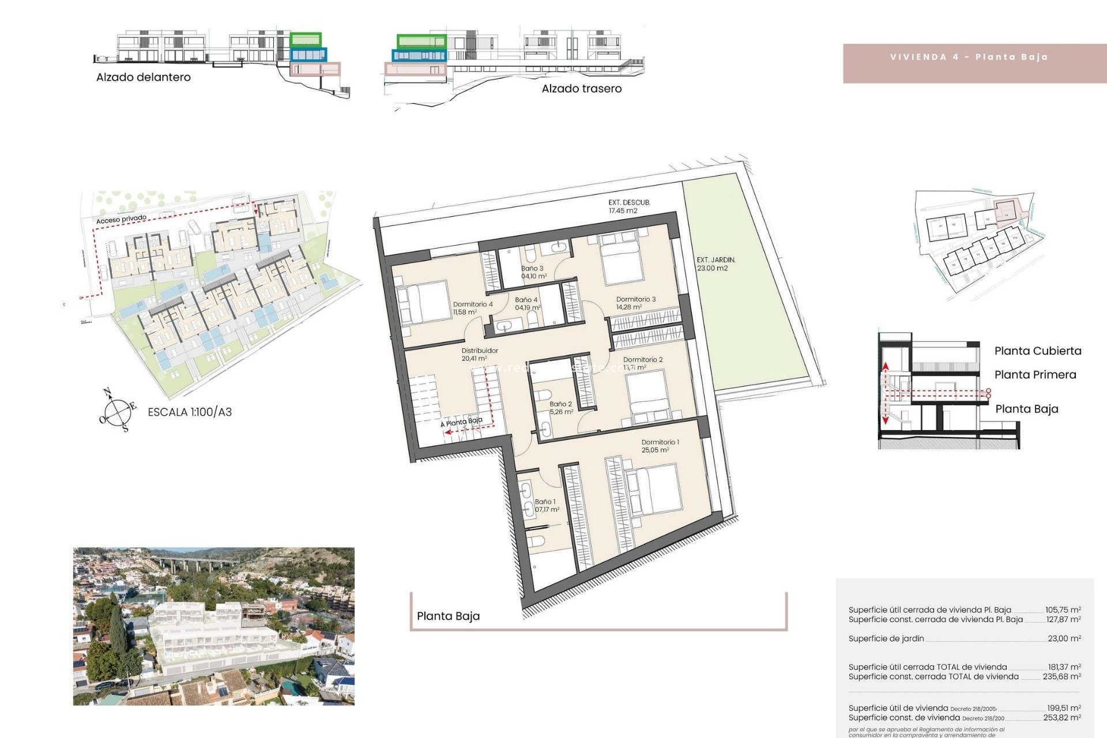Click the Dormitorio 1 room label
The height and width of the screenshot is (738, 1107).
pyautogui.click(x=660, y=443)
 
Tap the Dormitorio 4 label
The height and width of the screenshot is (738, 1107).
pyautogui.click(x=472, y=304)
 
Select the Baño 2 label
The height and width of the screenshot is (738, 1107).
pyautogui.click(x=560, y=404)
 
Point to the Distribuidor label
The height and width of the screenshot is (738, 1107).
pyautogui.click(x=479, y=351)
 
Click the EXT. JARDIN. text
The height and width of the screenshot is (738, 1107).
pyautogui.click(x=716, y=260)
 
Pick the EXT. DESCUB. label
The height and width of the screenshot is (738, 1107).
pyautogui.click(x=629, y=203)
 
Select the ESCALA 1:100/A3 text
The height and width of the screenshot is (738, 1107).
pyautogui.click(x=190, y=412)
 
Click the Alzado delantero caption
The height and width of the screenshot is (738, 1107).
pyautogui.click(x=143, y=77)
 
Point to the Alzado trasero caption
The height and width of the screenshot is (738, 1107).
pyautogui.click(x=581, y=89)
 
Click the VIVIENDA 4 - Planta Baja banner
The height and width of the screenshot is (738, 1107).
pyautogui.click(x=969, y=57)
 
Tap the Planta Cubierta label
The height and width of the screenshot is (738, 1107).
pyautogui.click(x=1037, y=351)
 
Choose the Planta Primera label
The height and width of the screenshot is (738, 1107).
pyautogui.click(x=1035, y=375)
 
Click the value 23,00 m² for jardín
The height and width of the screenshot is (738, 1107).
pyautogui.click(x=1064, y=638)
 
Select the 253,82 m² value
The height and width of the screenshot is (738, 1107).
pyautogui.click(x=1061, y=718)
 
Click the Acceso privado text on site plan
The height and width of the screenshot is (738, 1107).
pyautogui.click(x=121, y=219)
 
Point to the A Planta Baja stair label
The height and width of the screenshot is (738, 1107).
pyautogui.click(x=462, y=422)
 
